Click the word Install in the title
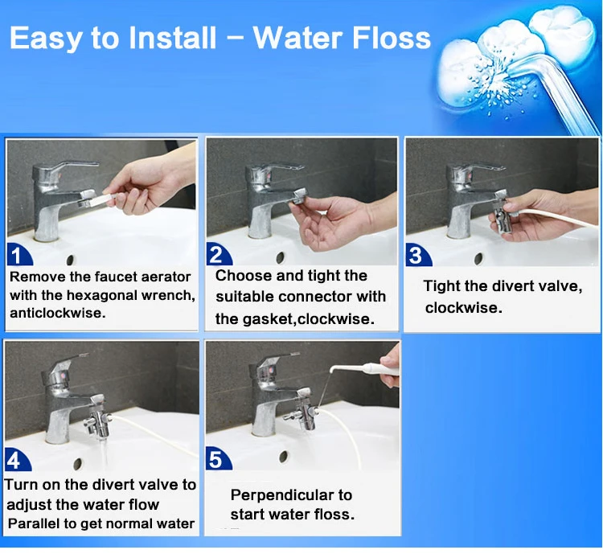pos(172,38)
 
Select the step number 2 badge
pos(219,254)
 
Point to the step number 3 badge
pos(418,255)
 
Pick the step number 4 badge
pos(18,460)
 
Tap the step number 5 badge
pos(219,458)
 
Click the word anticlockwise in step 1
pos(57,313)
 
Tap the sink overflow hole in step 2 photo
pos(281,257)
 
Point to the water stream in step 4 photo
pos(105,454)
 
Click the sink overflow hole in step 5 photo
pos(284,457)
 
